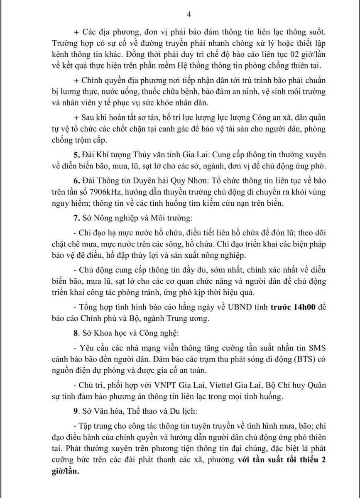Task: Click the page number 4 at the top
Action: [189, 14]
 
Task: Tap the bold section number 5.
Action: [76, 155]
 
